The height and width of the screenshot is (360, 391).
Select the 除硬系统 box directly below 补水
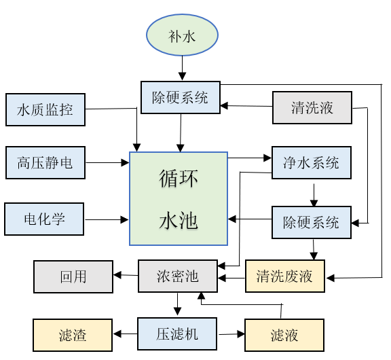pyautogui.click(x=180, y=97)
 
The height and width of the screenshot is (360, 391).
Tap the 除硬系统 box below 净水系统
pyautogui.click(x=312, y=222)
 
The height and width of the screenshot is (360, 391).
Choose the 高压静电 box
pyautogui.click(x=45, y=163)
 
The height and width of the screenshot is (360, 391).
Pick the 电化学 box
pyautogui.click(x=45, y=219)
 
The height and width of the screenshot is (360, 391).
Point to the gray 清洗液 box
pyautogui.click(x=312, y=107)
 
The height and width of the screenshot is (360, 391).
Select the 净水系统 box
pyautogui.click(x=311, y=163)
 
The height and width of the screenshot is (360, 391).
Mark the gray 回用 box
pyautogui.click(x=73, y=276)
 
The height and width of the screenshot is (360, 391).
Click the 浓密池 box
pyautogui.click(x=178, y=276)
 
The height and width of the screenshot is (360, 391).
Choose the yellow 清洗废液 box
pyautogui.click(x=285, y=276)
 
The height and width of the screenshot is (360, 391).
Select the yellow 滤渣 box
pyautogui.click(x=73, y=335)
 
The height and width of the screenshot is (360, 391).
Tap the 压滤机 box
pyautogui.click(x=177, y=334)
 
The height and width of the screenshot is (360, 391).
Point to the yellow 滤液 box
pyautogui.click(x=284, y=335)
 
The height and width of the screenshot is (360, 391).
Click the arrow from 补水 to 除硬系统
pyautogui.click(x=182, y=69)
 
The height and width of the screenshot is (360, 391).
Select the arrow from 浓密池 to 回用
pyautogui.click(x=126, y=276)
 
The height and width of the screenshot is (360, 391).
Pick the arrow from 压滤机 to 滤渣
pyautogui.click(x=125, y=334)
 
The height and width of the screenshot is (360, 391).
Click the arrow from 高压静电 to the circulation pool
pyautogui.click(x=107, y=162)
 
